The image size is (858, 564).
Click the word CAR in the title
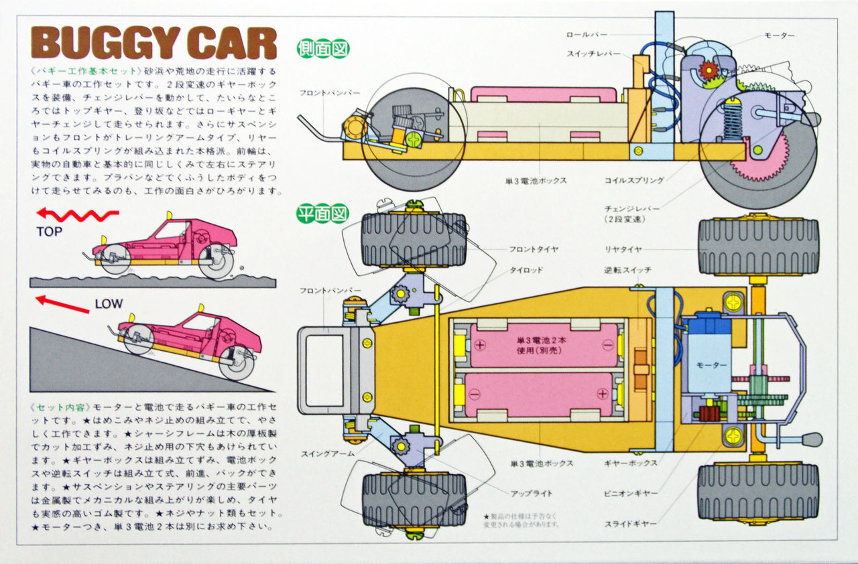pyautogui.click(x=235, y=44)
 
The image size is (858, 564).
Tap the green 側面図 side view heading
pyautogui.click(x=324, y=50)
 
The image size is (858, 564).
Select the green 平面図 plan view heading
pyautogui.click(x=324, y=214)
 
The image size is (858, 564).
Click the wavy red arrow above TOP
pyautogui.click(x=77, y=214)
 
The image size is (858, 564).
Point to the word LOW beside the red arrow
pyautogui.click(x=109, y=304)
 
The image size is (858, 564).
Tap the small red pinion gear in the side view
pyautogui.click(x=708, y=70)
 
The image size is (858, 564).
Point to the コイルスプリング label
pyautogui.click(x=633, y=180)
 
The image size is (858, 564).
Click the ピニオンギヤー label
pyautogui.click(x=629, y=493)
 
